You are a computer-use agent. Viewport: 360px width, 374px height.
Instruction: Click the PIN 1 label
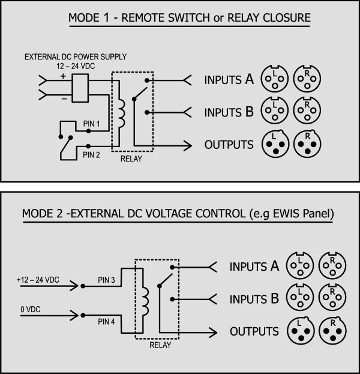(91, 124)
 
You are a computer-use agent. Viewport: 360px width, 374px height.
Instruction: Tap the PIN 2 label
(91, 155)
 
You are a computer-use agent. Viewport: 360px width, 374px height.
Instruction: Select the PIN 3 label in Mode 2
(106, 280)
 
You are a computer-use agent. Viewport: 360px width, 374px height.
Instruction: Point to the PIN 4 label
(106, 322)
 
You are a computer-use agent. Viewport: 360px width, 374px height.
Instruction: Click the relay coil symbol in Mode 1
(122, 113)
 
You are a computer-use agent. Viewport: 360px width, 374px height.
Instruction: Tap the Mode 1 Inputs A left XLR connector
(275, 79)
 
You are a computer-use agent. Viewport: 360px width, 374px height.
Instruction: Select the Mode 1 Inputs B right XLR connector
(307, 110)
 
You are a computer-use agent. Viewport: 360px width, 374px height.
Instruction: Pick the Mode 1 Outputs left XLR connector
(275, 144)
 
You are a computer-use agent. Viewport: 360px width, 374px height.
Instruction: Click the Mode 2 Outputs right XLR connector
(332, 331)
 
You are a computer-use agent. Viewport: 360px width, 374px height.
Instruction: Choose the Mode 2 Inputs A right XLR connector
(332, 265)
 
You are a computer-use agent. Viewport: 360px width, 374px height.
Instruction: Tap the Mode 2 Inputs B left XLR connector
(300, 297)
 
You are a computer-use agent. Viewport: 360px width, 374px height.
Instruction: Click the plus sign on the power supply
(63, 76)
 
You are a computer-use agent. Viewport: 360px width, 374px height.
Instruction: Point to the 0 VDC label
(30, 309)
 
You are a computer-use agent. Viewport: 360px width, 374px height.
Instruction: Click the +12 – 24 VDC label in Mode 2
(38, 280)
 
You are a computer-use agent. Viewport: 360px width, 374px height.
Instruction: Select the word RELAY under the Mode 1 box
(131, 158)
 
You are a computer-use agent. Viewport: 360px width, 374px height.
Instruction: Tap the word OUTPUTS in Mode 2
(254, 331)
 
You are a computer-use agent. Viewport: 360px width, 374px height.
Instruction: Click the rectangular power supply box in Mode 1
(80, 88)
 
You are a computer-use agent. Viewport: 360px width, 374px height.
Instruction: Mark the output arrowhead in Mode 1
(188, 145)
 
